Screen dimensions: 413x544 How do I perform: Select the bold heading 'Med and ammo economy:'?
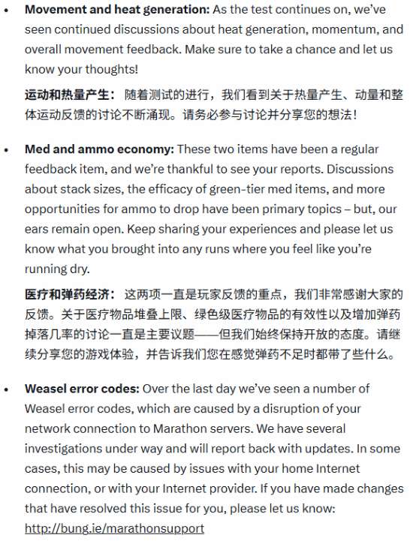click(99, 149)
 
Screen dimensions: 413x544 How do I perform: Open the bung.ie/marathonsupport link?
click(113, 528)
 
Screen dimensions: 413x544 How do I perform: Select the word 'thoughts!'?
click(113, 70)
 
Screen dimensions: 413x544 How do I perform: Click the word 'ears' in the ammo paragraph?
click(37, 229)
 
